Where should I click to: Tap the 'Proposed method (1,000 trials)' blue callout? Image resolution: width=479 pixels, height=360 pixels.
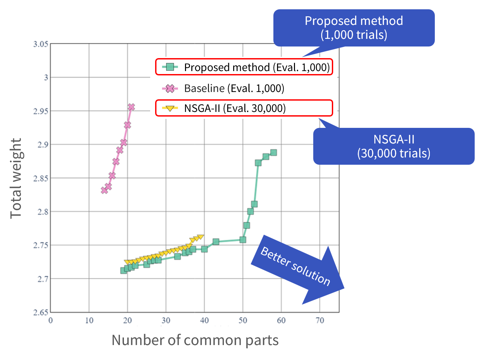click(354, 28)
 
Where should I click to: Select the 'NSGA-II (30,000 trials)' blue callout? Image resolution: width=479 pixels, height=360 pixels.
click(394, 146)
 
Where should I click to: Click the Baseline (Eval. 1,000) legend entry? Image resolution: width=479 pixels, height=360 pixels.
click(234, 88)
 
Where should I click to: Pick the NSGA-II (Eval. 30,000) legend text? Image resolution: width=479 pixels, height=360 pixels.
click(235, 108)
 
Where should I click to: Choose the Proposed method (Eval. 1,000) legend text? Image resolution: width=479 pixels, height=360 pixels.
click(257, 67)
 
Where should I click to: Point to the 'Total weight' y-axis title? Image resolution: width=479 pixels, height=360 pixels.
click(16, 178)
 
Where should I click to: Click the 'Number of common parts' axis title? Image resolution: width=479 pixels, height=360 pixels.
click(195, 340)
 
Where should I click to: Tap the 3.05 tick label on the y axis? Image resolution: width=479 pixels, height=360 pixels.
click(41, 44)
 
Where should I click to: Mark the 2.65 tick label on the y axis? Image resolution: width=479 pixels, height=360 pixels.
click(41, 313)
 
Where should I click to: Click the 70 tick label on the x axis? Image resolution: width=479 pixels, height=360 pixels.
click(320, 320)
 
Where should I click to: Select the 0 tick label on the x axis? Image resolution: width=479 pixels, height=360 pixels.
click(50, 320)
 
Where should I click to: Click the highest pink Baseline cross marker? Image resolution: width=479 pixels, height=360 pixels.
click(131, 107)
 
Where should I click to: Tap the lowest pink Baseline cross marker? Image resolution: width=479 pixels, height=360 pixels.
click(104, 190)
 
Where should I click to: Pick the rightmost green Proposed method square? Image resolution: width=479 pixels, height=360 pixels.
click(273, 153)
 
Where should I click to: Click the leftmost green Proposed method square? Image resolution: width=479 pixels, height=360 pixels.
click(124, 270)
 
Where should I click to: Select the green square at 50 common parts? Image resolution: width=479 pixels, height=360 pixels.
click(243, 240)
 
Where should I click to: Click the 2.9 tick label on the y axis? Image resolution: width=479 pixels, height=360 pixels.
click(42, 145)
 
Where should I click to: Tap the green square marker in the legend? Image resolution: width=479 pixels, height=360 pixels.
click(170, 67)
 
